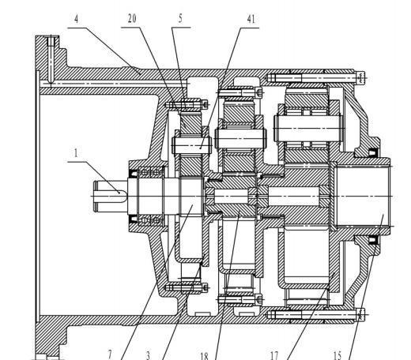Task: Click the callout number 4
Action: [x=77, y=19]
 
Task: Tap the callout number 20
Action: [x=132, y=19]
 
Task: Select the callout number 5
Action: [x=180, y=19]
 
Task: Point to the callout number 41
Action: [x=251, y=19]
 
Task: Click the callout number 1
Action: [x=76, y=153]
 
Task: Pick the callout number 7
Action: [x=111, y=355]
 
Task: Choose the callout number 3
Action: [x=148, y=355]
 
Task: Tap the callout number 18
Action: [x=204, y=356]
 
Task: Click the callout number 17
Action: [x=274, y=356]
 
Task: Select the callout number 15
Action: [x=337, y=356]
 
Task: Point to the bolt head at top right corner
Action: [x=361, y=77]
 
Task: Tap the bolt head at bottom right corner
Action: [x=361, y=315]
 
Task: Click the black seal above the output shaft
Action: [x=372, y=152]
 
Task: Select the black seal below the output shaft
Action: [x=372, y=240]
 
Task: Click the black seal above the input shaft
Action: [x=134, y=174]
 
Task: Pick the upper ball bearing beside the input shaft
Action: [x=151, y=173]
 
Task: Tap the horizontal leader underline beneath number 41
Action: [x=249, y=28]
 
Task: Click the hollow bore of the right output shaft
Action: [x=362, y=196]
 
